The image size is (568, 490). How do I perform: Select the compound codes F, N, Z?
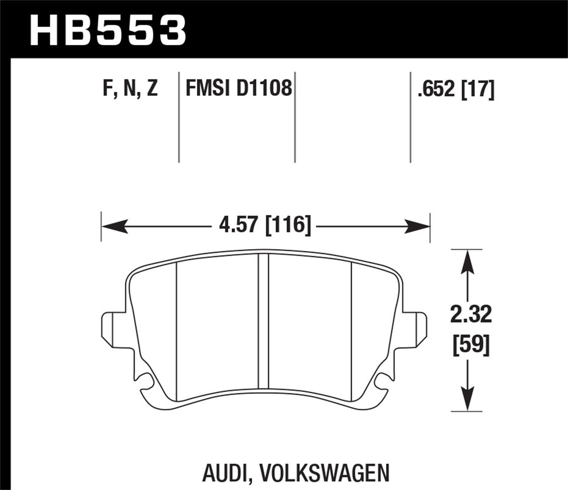tap(130, 89)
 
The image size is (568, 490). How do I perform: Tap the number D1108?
tap(264, 88)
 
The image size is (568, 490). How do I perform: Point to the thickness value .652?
tap(436, 89)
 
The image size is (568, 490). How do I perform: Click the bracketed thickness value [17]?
tap(478, 89)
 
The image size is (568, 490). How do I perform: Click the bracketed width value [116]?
tap(288, 226)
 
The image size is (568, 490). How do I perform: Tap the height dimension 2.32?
tap(471, 315)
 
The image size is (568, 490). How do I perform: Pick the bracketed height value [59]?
tap(471, 346)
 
